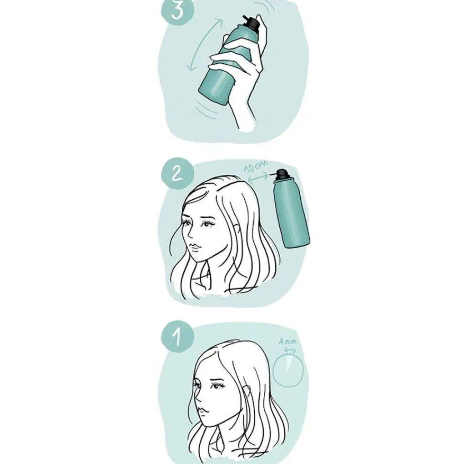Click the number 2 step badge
pos(177,173)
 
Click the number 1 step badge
pos(177,337)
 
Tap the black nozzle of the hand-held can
pos(251,23)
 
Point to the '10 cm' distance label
pos(256,166)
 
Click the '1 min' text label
pos(287,342)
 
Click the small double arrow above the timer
pos(290,350)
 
